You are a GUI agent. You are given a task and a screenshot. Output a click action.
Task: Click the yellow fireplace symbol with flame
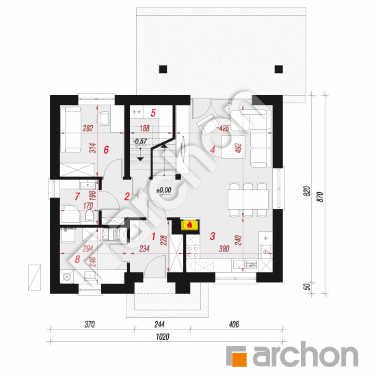tap(190, 225)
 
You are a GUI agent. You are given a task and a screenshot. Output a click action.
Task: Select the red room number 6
tap(106, 150)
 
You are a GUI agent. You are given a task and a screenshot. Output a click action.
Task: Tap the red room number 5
tap(153, 113)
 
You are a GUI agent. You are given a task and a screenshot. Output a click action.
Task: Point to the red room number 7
tap(77, 196)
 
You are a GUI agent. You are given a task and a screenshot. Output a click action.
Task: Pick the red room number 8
tap(77, 259)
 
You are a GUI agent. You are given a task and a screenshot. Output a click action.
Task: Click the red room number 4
tap(213, 150)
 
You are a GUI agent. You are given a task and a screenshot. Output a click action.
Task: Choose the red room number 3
tap(213, 236)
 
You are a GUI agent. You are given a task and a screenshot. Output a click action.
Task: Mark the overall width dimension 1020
tap(163, 337)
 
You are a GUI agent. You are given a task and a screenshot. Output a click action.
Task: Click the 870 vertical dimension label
tap(321, 197)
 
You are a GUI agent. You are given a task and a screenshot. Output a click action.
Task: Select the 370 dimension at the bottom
tap(90, 325)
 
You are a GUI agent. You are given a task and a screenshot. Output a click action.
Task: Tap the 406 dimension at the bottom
tap(234, 325)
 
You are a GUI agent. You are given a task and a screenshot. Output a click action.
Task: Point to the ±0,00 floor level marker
tap(164, 191)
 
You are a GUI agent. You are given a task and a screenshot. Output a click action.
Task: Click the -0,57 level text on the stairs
tap(140, 141)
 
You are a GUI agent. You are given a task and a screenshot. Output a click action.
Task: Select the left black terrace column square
tap(163, 69)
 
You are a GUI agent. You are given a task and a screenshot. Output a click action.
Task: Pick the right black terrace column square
tap(279, 69)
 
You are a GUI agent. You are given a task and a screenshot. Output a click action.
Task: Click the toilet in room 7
tap(90, 215)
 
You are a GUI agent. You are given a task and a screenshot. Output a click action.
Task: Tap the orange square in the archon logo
tap(239, 359)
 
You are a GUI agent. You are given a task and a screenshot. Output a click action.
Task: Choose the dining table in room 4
tap(248, 199)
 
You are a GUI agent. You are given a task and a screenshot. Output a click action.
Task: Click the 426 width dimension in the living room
tap(224, 129)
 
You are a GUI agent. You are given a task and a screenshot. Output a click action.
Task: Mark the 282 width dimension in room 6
tap(88, 129)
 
